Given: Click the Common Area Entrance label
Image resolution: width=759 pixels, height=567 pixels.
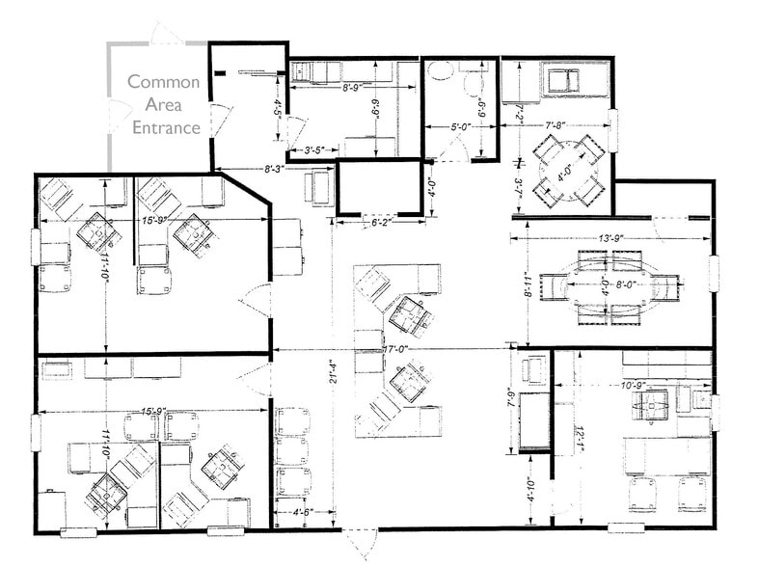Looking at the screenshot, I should coord(165,104).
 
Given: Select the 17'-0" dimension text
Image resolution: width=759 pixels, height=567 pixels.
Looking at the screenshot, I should coord(396,350).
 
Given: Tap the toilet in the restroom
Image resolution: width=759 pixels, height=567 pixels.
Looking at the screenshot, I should coord(473,85).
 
